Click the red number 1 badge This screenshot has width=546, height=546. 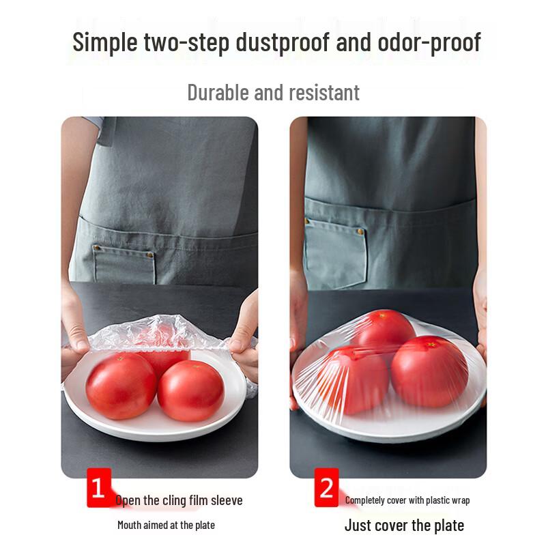click(98, 488)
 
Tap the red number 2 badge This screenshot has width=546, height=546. click(326, 488)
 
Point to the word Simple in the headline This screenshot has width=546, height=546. click(107, 42)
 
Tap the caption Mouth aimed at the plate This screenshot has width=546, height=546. click(166, 525)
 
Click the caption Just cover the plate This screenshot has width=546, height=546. click(404, 525)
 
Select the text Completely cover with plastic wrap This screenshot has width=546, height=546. click(407, 500)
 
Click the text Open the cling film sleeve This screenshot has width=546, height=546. click(179, 500)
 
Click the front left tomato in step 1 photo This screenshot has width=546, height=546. click(121, 386)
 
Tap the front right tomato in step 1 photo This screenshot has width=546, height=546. click(190, 390)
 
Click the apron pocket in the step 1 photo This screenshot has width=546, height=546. click(124, 263)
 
